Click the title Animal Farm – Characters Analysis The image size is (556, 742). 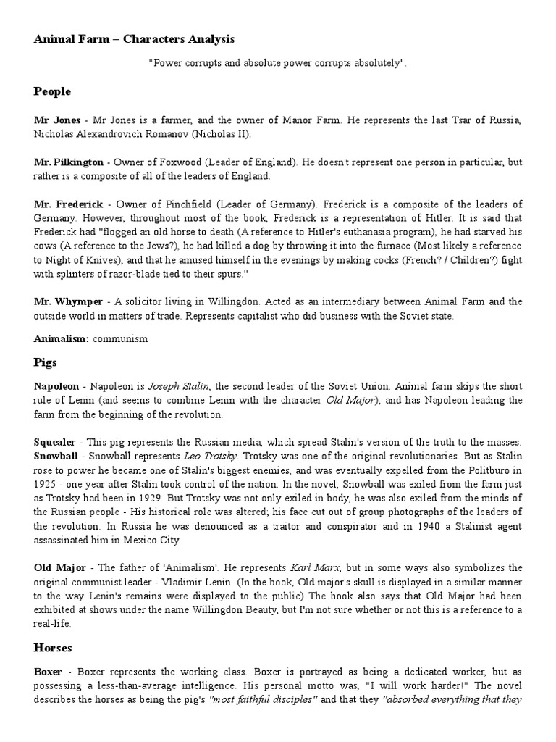(x=134, y=38)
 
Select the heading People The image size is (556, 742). (x=52, y=91)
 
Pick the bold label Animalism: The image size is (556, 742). (x=61, y=337)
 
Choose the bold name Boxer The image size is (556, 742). (x=49, y=672)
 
